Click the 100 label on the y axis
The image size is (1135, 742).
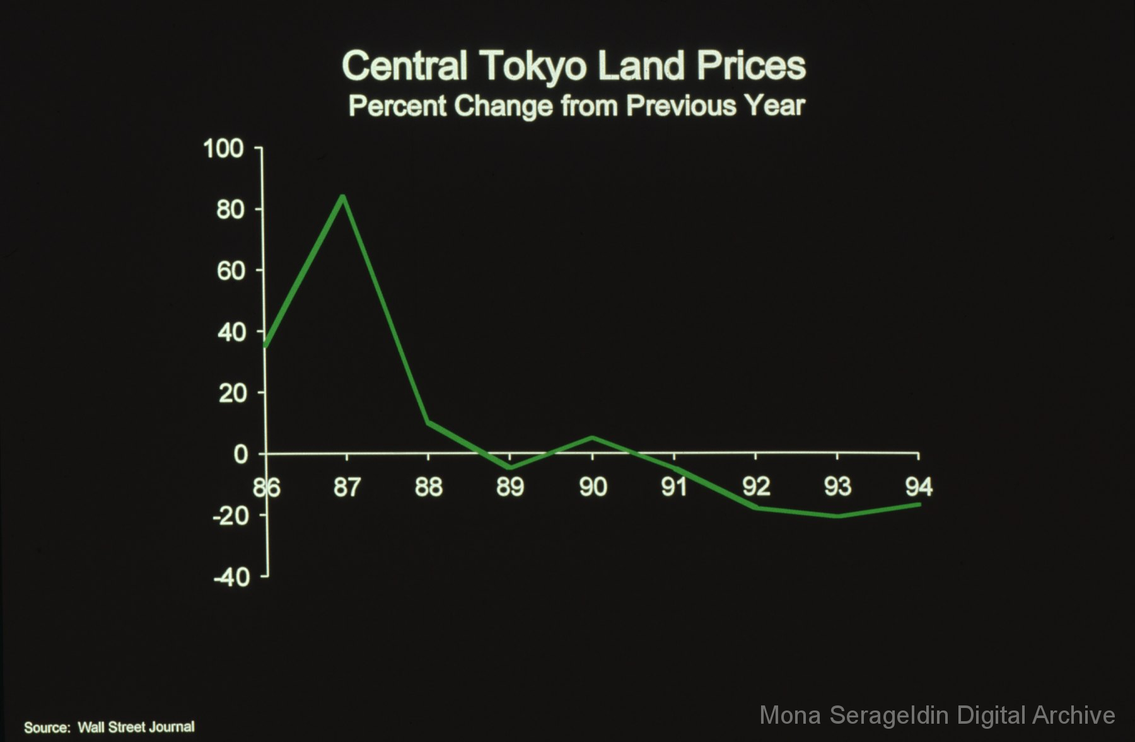coord(223,149)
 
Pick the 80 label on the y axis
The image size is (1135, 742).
coord(230,210)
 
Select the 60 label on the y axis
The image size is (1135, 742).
coord(230,271)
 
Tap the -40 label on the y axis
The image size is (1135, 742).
coord(231,577)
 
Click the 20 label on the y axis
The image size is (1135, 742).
coord(231,393)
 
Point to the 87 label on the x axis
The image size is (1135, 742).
coord(347,487)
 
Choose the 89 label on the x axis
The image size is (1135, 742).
coord(510,487)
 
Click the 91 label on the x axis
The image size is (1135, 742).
coord(673,487)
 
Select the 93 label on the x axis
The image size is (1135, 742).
coord(837,487)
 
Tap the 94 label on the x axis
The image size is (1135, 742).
coord(919,487)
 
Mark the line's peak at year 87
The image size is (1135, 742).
coord(342,197)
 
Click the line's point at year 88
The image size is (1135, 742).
coord(428,422)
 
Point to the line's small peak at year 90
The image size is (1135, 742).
coord(592,438)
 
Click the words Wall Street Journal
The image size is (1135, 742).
coord(136,728)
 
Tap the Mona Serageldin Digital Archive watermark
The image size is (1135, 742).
coord(937,716)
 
